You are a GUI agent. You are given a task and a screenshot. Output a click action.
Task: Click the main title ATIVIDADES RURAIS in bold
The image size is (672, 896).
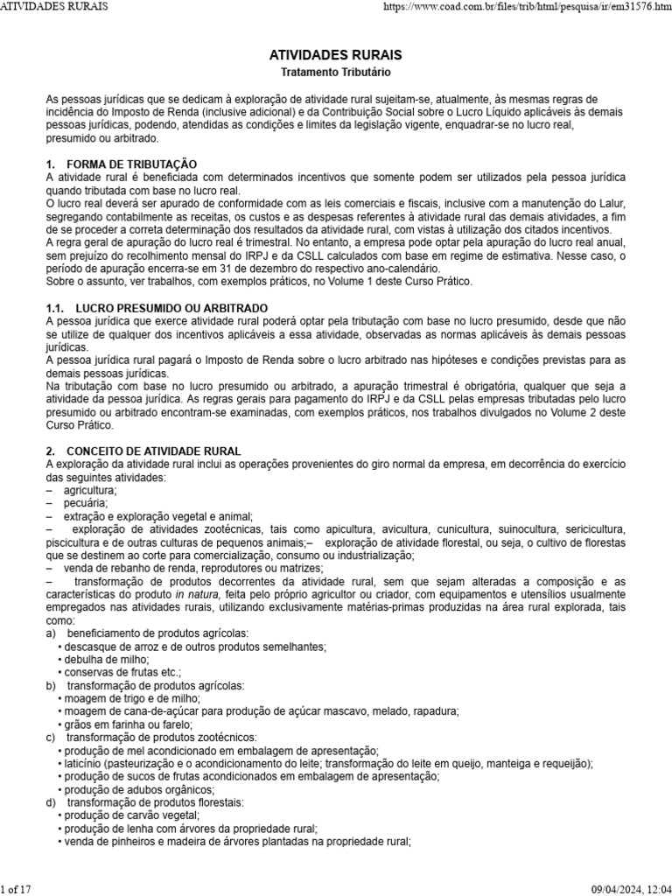pos(336,55)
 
